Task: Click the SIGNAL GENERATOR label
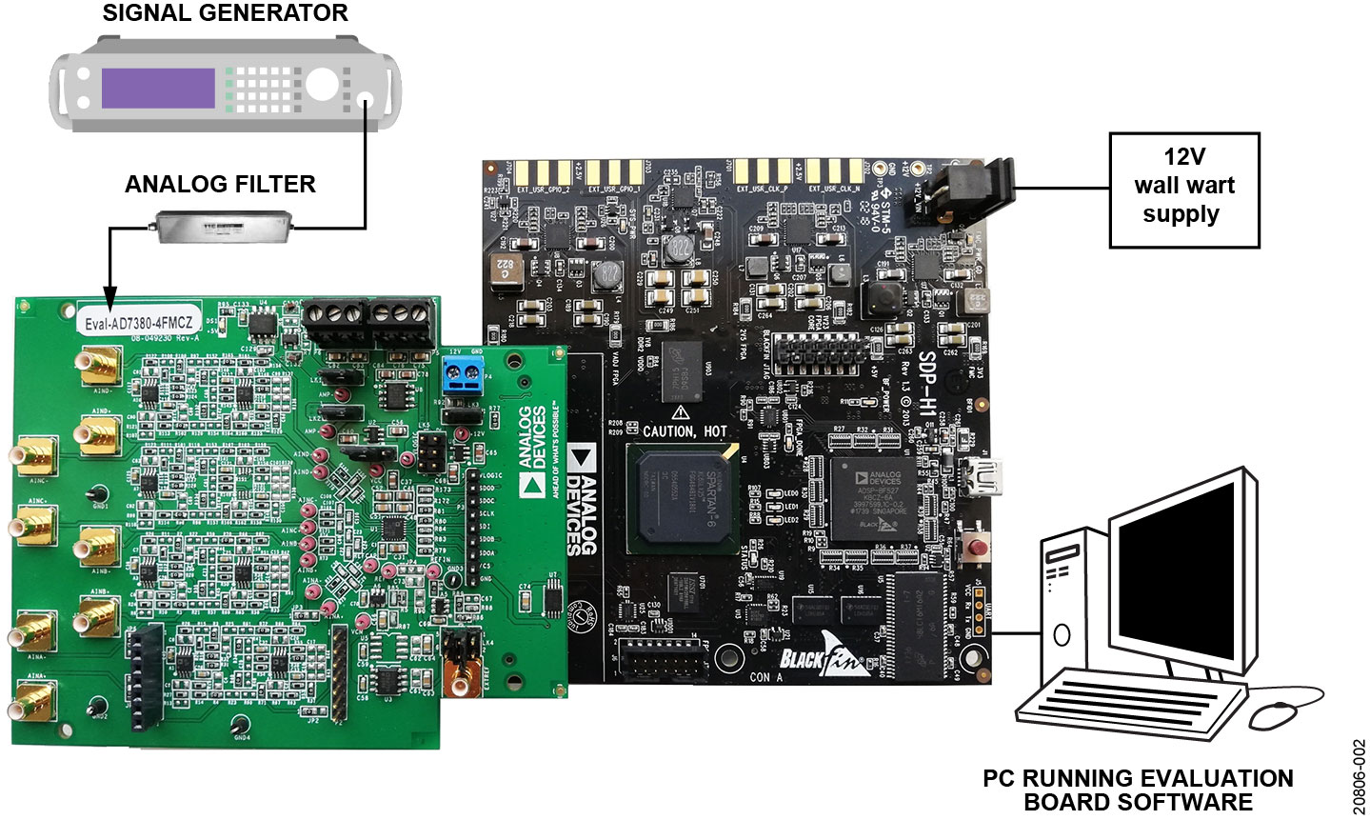click(x=225, y=13)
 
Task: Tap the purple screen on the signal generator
click(x=158, y=88)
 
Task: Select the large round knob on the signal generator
click(x=322, y=85)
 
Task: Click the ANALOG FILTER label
click(x=220, y=184)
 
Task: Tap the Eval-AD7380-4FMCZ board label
click(x=139, y=322)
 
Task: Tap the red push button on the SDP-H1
click(x=976, y=550)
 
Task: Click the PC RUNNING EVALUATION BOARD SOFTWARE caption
click(x=1138, y=790)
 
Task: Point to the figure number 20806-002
click(x=1359, y=774)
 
